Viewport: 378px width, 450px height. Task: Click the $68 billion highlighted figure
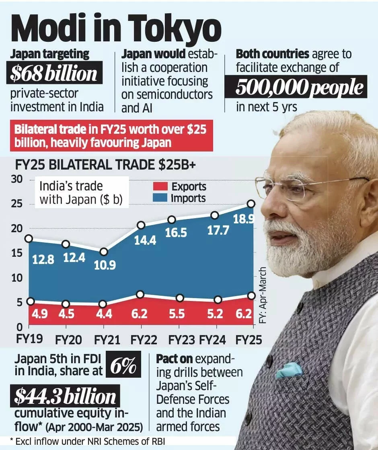pos(54,73)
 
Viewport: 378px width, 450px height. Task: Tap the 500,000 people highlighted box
pos(296,87)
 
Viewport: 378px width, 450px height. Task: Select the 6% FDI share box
pos(123,364)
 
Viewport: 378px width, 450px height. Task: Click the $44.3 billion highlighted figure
pos(65,396)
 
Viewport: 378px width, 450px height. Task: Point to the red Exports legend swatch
pos(160,186)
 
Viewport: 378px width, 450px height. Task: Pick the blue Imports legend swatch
pos(160,198)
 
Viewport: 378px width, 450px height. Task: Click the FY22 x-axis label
pos(144,340)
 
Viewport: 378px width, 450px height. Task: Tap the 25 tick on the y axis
pos(16,204)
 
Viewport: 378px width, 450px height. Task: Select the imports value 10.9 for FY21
pos(105,266)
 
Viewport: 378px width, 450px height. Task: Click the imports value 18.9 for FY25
pos(244,219)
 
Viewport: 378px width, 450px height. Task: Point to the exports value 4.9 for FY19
pos(40,314)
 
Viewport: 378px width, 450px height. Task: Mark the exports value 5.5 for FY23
pos(177,314)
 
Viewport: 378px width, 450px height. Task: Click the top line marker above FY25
pos(251,204)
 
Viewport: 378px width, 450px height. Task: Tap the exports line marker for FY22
pos(140,295)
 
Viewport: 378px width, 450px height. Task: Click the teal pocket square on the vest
pos(289,370)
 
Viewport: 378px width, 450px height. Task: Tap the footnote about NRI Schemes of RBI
pos(88,442)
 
